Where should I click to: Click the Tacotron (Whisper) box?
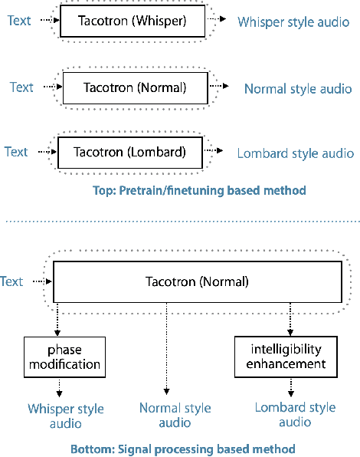(x=133, y=21)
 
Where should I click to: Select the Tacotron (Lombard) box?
(x=129, y=152)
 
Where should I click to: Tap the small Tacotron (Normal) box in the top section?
(x=134, y=87)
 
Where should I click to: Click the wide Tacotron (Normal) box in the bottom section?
(x=197, y=281)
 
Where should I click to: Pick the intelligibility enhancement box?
(x=286, y=357)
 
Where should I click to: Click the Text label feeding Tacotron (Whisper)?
(x=20, y=21)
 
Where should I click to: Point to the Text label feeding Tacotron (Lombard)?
(x=16, y=152)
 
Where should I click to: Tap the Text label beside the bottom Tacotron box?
(x=11, y=281)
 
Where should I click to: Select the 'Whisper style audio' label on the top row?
(x=293, y=23)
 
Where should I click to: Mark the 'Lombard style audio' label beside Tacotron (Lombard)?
(x=295, y=153)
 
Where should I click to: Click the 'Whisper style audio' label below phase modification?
(x=65, y=416)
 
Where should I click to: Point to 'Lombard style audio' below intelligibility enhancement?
(x=295, y=415)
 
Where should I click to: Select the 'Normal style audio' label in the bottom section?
(x=175, y=416)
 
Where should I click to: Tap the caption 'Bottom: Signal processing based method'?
(x=182, y=449)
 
